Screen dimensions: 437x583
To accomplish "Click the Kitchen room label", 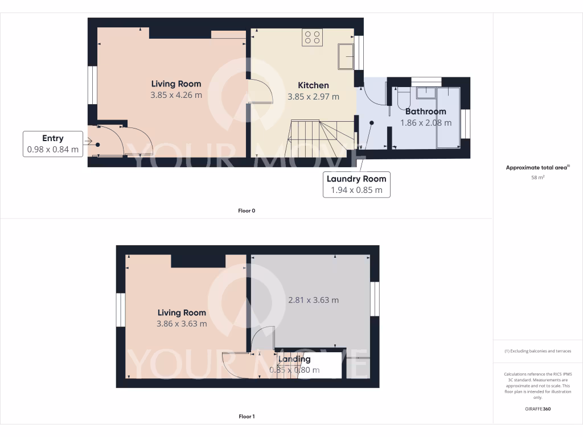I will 313,85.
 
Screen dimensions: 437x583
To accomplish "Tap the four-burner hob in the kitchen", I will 313,38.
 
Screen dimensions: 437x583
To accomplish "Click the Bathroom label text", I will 425,112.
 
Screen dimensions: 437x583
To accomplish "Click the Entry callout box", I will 53,144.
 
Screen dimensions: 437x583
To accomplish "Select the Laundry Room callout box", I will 356,184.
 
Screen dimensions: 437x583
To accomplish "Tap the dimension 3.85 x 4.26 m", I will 176,95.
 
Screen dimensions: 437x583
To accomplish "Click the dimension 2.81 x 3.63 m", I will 313,300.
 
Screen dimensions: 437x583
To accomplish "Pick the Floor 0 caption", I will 247,211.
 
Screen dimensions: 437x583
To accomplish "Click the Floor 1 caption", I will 247,417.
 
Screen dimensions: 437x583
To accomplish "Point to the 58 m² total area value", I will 538,178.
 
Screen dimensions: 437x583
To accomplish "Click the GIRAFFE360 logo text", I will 538,409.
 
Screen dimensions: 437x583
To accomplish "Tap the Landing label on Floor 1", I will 294,359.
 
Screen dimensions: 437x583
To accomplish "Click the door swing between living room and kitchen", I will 259,91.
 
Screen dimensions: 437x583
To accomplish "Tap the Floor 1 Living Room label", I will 182,312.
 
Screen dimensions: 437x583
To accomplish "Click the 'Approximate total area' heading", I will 537,168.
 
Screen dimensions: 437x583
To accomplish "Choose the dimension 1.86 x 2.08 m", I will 425,122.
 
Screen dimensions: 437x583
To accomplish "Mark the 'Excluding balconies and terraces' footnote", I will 538,351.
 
